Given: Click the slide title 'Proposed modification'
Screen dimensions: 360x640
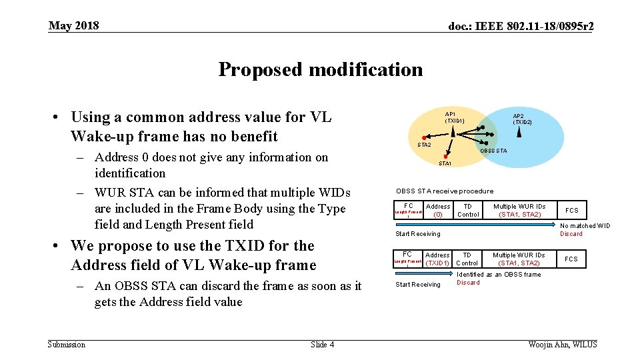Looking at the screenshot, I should (x=320, y=69).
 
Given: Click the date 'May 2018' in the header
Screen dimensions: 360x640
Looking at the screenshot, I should (x=73, y=26).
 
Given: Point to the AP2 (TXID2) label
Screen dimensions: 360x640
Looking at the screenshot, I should (x=522, y=119).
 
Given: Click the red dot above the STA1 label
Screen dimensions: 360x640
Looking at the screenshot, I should (x=445, y=157).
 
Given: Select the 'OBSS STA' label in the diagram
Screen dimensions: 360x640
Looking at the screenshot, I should (x=494, y=151).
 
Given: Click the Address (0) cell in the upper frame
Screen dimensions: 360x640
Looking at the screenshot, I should (x=438, y=210).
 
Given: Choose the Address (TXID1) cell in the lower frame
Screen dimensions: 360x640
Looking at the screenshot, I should (x=437, y=259).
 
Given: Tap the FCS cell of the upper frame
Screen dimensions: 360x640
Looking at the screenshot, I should (x=572, y=210).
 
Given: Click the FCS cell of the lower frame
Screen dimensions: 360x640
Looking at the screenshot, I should (x=572, y=259).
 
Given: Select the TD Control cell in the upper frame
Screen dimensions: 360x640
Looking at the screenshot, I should (x=468, y=210).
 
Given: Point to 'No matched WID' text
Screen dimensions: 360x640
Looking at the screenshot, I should (x=585, y=226).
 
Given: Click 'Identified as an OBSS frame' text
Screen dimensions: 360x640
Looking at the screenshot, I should (x=499, y=275).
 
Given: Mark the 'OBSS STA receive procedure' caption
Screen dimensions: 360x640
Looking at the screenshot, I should (x=445, y=191).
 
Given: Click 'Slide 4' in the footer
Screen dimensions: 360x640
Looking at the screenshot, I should (x=323, y=345).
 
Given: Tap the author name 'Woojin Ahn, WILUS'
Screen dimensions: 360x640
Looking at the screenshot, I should (x=562, y=345).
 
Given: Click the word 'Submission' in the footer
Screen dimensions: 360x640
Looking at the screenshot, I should (x=67, y=345).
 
